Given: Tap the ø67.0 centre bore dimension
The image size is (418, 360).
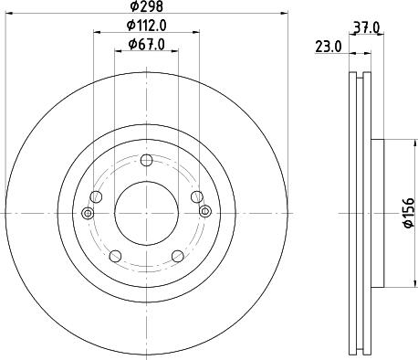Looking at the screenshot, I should [146, 44].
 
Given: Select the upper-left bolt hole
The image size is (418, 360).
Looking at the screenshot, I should [97, 196].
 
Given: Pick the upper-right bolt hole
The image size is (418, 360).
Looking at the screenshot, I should [195, 196].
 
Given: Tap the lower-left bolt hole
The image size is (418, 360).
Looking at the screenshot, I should [115, 255].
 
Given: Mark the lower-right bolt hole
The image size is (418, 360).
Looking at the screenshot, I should [176, 255].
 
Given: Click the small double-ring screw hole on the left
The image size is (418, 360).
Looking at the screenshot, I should [88, 214].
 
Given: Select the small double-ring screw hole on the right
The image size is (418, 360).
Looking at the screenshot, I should [204, 214].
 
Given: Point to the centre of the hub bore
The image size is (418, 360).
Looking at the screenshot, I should [146, 212].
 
